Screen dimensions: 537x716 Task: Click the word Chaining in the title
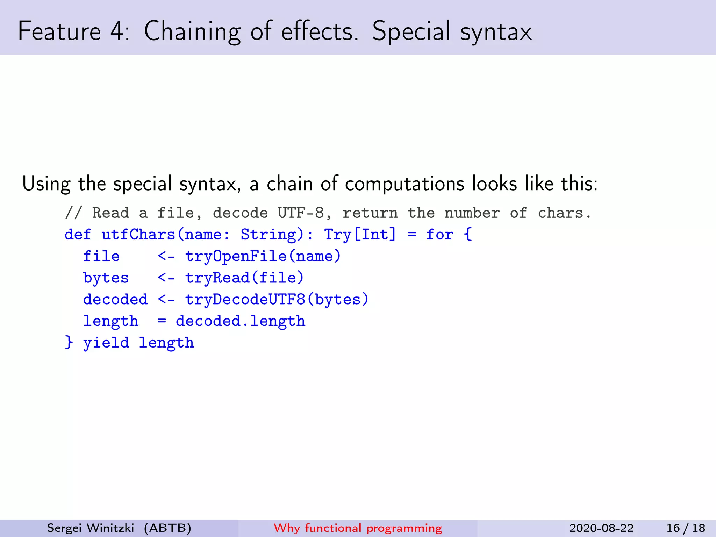(192, 31)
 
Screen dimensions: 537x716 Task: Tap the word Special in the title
(411, 31)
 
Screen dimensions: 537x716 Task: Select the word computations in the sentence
(404, 184)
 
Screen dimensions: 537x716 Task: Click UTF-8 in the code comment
(301, 213)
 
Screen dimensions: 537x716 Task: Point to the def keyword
(78, 235)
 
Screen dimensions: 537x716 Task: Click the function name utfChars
(138, 235)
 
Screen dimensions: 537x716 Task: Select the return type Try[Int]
(360, 235)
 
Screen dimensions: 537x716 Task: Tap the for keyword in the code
(439, 235)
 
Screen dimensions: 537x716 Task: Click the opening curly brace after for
(468, 234)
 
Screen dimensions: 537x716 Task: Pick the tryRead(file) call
(244, 278)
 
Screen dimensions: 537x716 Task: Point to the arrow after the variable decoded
(166, 300)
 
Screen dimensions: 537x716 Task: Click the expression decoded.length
(241, 321)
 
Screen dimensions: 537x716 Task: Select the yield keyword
(106, 343)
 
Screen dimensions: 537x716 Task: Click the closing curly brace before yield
(69, 342)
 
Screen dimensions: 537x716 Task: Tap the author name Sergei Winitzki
(91, 528)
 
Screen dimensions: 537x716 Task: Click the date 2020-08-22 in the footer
(601, 528)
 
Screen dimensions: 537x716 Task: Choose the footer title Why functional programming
(358, 528)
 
